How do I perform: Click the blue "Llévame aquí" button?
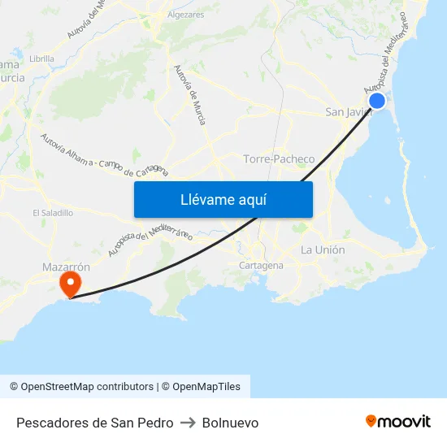coord(223,199)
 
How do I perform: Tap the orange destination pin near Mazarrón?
coord(71,284)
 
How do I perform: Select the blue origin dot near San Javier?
coord(377,101)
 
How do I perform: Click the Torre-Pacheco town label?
coord(279,158)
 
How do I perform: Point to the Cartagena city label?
coord(261,266)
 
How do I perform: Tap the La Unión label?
coord(323,250)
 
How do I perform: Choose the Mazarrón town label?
coord(66,266)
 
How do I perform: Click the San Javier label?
coord(347,112)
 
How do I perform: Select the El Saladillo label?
coord(53,212)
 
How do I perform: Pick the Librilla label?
coord(41,59)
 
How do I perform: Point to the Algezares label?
coord(185,15)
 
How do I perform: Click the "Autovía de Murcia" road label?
coord(190,95)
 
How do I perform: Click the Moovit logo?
coord(398,421)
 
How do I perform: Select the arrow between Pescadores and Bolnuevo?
coord(188,423)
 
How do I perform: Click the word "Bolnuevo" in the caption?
coord(230,423)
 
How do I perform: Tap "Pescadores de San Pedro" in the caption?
coord(94,423)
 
